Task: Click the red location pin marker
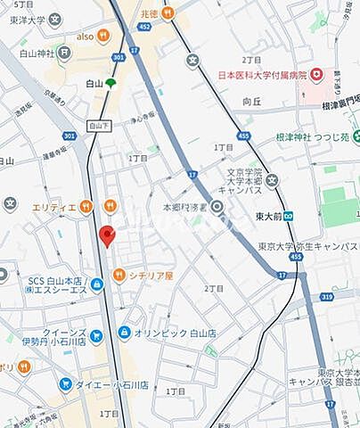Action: point(106,236)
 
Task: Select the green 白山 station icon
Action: point(110,84)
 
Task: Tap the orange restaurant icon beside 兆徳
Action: point(168,13)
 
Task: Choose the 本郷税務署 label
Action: point(183,207)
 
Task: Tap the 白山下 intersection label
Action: point(101,128)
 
